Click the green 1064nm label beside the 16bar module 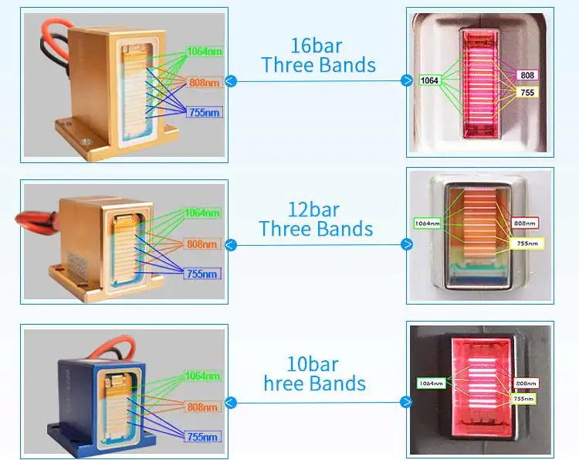[x=203, y=53]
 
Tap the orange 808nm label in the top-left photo [x=204, y=81]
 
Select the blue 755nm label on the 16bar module [x=203, y=113]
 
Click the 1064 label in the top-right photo [x=429, y=80]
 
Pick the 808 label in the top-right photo [x=527, y=75]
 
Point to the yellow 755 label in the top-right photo [x=527, y=92]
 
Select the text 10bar [x=315, y=363]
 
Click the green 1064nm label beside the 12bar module [x=202, y=213]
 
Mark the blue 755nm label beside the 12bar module [x=203, y=273]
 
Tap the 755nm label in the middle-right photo [x=527, y=243]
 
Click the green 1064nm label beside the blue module [x=202, y=377]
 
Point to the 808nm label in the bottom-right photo [x=526, y=383]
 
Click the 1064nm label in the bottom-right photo [x=431, y=383]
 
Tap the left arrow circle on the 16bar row [x=231, y=81]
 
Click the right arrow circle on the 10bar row [x=407, y=402]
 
